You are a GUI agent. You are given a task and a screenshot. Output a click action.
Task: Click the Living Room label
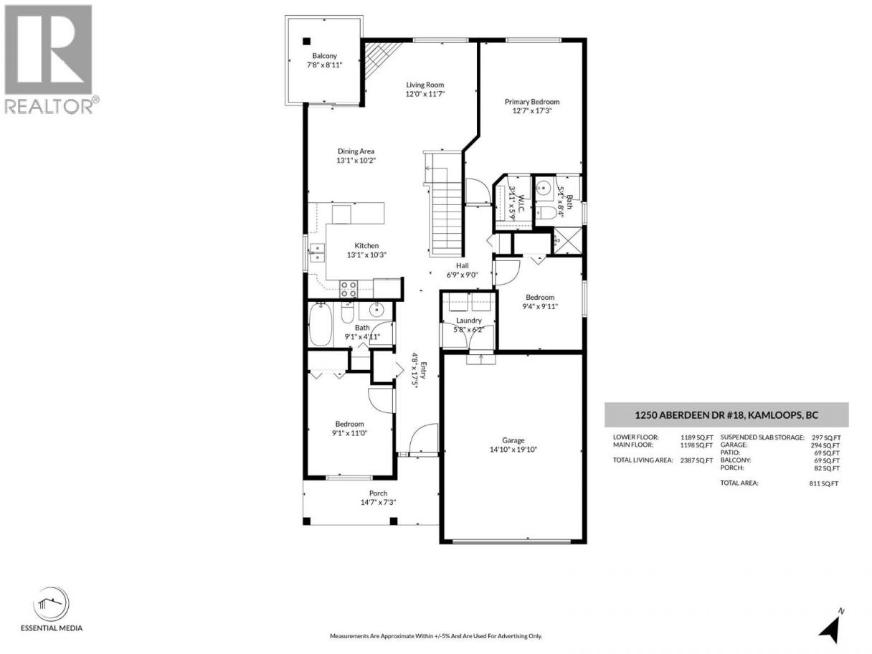pos(425,85)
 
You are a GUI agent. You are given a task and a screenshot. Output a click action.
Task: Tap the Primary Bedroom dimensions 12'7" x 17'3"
pos(532,110)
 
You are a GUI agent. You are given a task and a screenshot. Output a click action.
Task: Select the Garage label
pos(513,440)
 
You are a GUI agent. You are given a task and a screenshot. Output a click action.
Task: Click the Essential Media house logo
pos(51,605)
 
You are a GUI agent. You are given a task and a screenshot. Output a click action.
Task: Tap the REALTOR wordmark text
pos(49,105)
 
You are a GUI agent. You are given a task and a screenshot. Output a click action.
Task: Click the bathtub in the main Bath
pos(321,324)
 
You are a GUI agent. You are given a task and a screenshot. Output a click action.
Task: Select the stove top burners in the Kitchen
pos(349,289)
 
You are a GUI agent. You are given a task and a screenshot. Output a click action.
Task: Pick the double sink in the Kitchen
pos(317,253)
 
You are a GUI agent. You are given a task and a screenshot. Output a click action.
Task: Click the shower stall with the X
pos(567,241)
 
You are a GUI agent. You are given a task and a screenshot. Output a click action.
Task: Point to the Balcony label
pos(325,56)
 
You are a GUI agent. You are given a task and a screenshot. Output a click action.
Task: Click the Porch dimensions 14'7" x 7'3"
pos(378,502)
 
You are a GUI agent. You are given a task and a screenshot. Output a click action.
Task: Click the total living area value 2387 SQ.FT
pos(697,460)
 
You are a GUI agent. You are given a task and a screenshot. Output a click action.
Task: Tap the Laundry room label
pos(469,320)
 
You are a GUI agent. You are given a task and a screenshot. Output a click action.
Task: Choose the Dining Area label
pos(356,151)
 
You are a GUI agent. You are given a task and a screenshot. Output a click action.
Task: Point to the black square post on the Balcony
pos(306,41)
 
